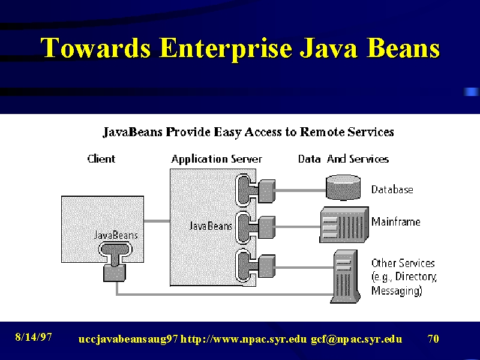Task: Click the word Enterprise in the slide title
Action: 226,49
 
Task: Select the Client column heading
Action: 101,159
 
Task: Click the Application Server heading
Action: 217,159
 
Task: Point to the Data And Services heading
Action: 343,159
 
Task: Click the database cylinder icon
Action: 343,187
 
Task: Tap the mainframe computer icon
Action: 344,225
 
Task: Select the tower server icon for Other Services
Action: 345,277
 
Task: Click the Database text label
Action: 392,190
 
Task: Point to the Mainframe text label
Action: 396,221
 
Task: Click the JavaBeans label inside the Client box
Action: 116,235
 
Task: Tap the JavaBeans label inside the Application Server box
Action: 211,226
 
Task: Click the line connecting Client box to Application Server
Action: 157,221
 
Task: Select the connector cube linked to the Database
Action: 267,191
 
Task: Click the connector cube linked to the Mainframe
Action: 267,227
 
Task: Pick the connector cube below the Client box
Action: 115,273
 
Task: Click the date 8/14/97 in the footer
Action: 34,337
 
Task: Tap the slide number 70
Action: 433,338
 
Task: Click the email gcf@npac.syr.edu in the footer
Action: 356,339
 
